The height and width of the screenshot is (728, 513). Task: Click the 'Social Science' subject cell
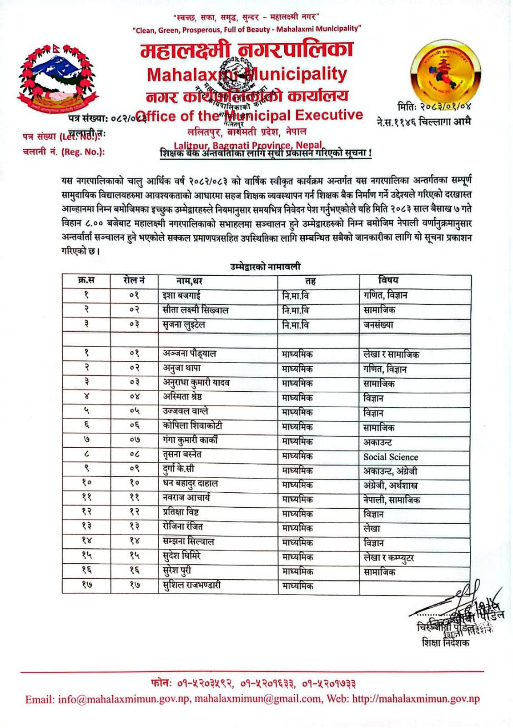click(x=391, y=457)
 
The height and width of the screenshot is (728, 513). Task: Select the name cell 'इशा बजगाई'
click(x=182, y=295)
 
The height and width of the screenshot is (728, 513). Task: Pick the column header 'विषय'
click(x=388, y=280)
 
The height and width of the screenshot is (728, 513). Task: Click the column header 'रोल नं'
click(x=134, y=281)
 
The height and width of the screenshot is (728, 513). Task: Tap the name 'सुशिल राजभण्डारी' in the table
click(x=192, y=585)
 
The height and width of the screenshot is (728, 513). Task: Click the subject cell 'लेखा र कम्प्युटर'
click(x=389, y=557)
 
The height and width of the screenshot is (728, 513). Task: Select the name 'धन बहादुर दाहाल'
click(x=191, y=483)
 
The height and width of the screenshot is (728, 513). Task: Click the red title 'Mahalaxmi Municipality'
click(x=247, y=74)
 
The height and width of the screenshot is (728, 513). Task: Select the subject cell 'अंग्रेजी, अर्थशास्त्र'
click(x=391, y=485)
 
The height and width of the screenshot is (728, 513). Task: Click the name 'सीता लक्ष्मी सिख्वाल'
click(x=196, y=310)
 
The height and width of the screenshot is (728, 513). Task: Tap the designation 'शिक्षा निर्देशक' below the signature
click(x=445, y=642)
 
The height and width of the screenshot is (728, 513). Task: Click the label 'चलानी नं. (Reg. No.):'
click(x=64, y=152)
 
